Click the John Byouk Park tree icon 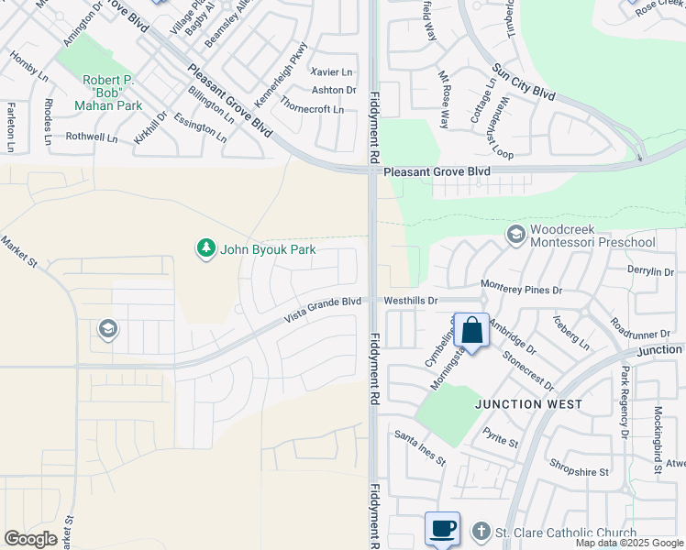coord(206,248)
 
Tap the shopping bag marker coord(471,330)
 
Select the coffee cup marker coord(442,529)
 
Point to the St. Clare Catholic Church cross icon coord(480,533)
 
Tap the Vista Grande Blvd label coord(323,307)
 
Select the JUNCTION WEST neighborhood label coord(528,403)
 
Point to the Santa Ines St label coord(420,447)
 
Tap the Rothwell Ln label coord(92,137)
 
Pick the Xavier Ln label coord(332,71)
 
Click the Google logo coord(30,539)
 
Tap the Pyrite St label coord(501,443)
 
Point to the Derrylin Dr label coord(651,272)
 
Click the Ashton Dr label coord(334,90)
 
